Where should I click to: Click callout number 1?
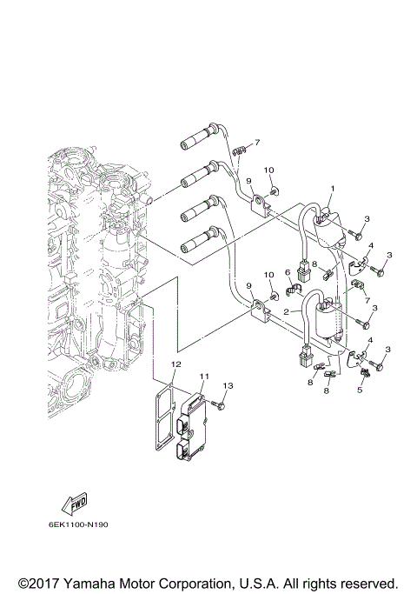(x=331, y=188)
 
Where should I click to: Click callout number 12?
(x=175, y=363)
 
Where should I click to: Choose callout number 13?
(x=228, y=385)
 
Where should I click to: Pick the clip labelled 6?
(x=294, y=286)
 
